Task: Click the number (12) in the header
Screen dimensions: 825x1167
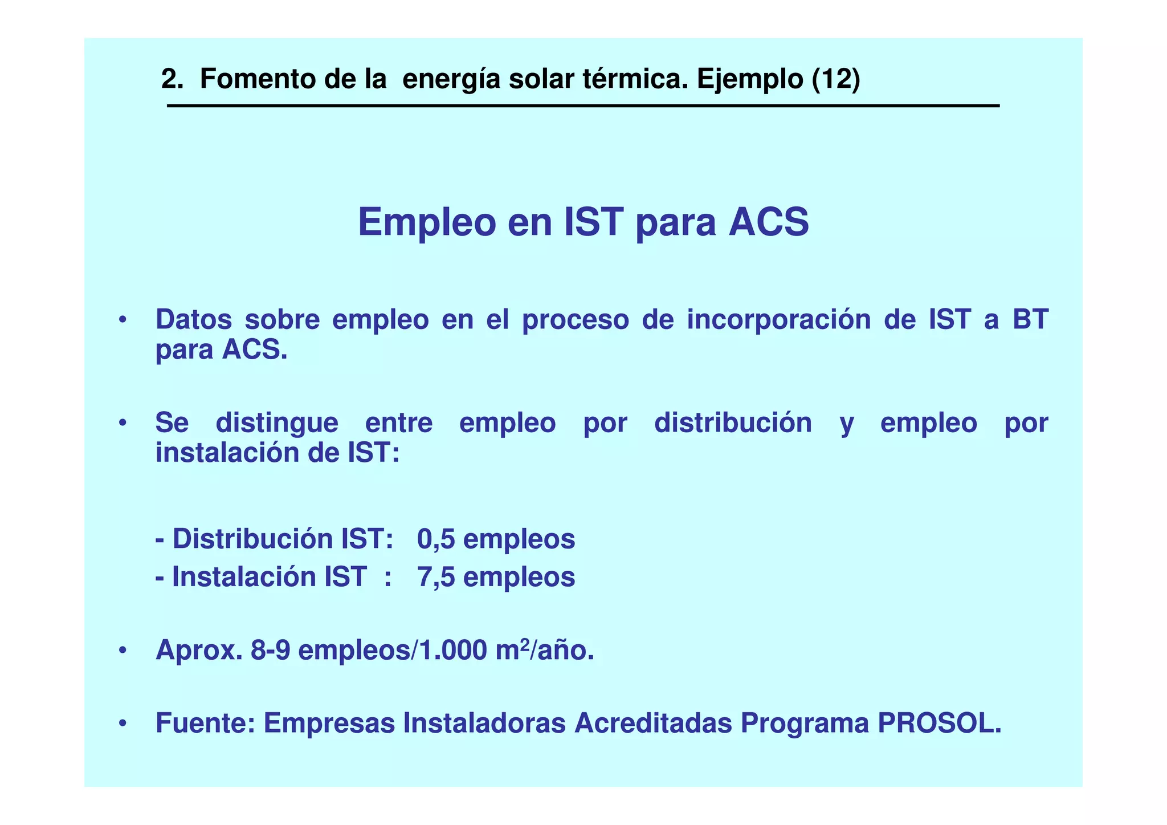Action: coord(835,79)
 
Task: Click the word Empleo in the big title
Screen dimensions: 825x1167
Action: coord(427,222)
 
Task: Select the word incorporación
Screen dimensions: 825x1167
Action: coord(778,319)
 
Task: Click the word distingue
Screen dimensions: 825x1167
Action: coord(277,423)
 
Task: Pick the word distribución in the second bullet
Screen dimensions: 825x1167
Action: coord(733,423)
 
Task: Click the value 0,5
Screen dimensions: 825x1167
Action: coord(436,539)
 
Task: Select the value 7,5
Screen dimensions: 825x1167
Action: coord(436,577)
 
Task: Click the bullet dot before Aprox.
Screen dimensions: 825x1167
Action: coord(122,651)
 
